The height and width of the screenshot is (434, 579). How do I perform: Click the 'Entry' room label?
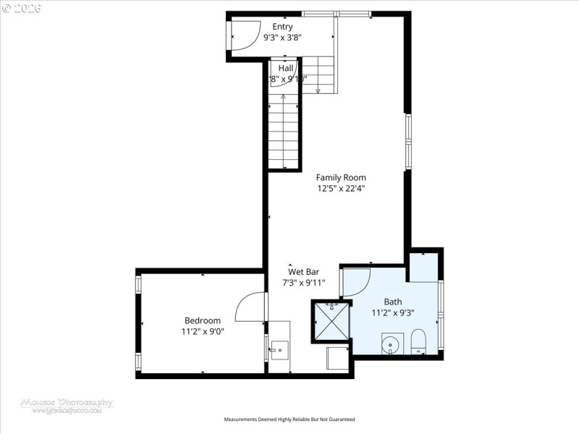pos(283,27)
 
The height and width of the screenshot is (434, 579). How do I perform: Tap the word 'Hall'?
pos(286,68)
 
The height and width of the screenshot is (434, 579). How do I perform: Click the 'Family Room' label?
pos(341,177)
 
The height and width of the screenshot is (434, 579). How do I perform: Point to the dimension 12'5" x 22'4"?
pos(341,188)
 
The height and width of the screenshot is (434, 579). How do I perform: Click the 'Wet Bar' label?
pos(304,273)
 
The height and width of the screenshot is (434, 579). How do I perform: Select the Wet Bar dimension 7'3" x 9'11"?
pos(304,283)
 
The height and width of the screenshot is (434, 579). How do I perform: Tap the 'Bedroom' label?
pos(203,320)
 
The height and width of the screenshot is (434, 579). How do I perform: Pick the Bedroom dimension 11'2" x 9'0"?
pos(203,331)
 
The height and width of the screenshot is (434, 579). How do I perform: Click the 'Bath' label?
pos(393,302)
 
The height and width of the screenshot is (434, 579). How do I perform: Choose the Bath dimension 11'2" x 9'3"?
pos(393,312)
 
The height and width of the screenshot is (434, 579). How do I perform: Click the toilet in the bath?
pos(419,341)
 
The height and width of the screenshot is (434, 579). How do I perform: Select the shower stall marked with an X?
pos(331,320)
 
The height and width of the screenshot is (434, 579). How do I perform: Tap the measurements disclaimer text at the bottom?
pos(289,419)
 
